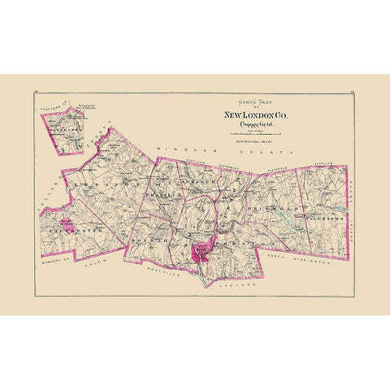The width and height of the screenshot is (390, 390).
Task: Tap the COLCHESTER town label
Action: (x=73, y=230)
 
